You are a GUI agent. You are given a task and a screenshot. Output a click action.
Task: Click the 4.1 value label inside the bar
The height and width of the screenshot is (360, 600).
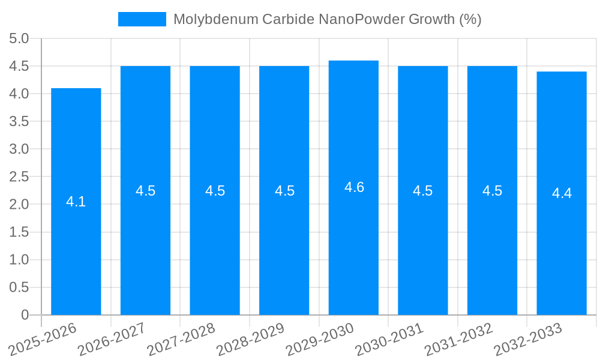76,202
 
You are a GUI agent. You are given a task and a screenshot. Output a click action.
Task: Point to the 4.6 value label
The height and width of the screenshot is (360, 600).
354,187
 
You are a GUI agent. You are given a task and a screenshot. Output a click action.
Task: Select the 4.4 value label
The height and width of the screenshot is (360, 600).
562,193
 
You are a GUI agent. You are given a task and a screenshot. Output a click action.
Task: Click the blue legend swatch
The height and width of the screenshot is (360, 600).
142,19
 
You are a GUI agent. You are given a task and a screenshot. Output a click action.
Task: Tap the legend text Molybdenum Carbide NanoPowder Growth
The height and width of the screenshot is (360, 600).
327,19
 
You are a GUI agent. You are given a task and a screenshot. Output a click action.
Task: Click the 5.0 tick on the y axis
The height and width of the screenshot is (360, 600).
19,38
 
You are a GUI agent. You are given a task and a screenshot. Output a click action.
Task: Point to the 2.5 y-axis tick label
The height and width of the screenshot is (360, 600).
19,176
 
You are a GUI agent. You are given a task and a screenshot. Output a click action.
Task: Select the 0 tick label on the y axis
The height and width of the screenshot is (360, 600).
25,314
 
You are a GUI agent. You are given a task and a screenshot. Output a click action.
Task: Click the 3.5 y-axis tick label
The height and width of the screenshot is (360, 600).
19,121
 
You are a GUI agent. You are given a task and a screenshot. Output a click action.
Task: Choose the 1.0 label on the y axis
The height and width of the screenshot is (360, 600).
19,259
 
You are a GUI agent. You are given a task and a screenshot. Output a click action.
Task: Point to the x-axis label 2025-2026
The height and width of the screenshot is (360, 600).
43,339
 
